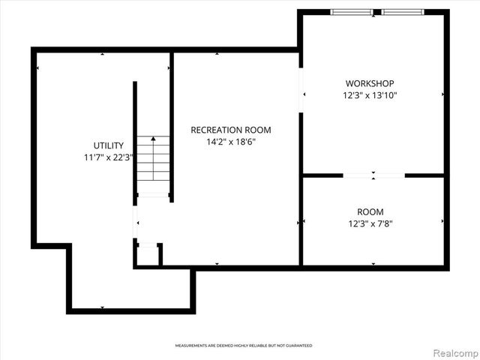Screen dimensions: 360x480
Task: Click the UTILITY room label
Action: pos(103,145)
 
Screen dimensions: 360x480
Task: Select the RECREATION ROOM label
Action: pos(230,130)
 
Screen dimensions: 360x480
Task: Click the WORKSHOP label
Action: pos(370,83)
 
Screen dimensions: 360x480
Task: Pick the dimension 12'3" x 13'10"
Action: pos(370,95)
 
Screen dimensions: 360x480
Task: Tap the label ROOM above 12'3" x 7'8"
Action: pos(370,211)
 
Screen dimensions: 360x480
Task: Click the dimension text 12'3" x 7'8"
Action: pos(370,223)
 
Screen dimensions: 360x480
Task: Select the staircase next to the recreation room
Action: pos(153,161)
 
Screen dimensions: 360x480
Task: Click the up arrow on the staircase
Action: pos(153,139)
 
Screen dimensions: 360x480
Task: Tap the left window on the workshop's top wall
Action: pos(352,12)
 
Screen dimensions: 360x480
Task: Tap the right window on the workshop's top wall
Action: pos(403,12)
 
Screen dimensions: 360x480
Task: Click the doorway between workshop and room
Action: pos(373,175)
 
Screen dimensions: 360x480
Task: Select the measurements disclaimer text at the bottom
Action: pos(243,346)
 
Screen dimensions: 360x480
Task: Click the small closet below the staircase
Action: pos(148,255)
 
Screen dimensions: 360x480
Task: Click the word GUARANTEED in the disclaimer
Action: pos(297,346)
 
